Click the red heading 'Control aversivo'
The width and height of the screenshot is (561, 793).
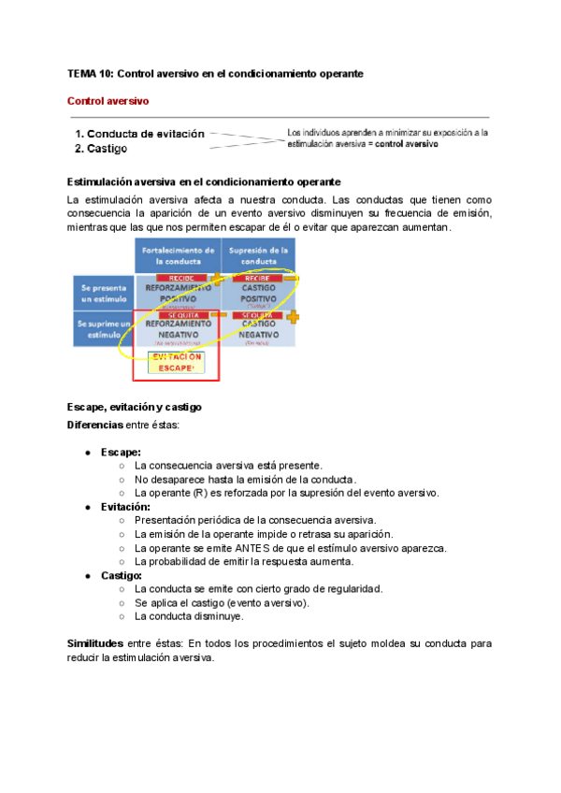(x=107, y=100)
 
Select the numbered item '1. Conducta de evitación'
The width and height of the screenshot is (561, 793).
(x=139, y=134)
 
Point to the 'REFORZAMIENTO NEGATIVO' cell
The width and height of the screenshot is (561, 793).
(x=178, y=329)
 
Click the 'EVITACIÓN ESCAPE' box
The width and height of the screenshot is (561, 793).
(x=178, y=363)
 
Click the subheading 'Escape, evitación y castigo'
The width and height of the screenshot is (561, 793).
(x=135, y=408)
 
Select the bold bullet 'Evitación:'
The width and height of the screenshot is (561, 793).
(x=125, y=506)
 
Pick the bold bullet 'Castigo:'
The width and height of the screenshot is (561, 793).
(x=122, y=575)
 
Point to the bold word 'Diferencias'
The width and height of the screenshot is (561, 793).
(x=95, y=425)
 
